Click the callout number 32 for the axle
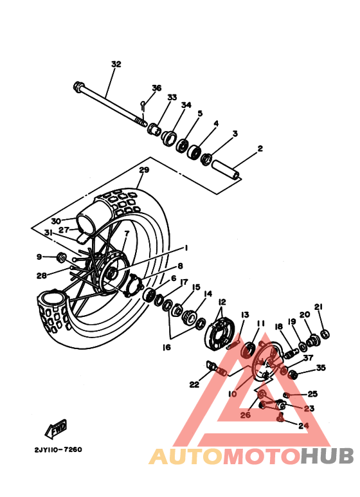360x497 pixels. point(116,64)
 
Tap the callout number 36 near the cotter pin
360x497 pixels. point(156,88)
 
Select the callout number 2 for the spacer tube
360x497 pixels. point(260,149)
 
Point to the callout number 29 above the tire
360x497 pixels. point(144,170)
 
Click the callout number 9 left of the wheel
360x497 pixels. point(39,257)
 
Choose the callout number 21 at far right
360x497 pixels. point(318,307)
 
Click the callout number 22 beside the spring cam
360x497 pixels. point(194,384)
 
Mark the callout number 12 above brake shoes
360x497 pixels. point(222,302)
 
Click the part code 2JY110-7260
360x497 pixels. point(54,449)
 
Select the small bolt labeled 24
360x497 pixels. point(280,419)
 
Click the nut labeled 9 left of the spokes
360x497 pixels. point(62,258)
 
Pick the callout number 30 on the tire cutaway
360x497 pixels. point(57,221)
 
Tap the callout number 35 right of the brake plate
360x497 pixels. point(320,368)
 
